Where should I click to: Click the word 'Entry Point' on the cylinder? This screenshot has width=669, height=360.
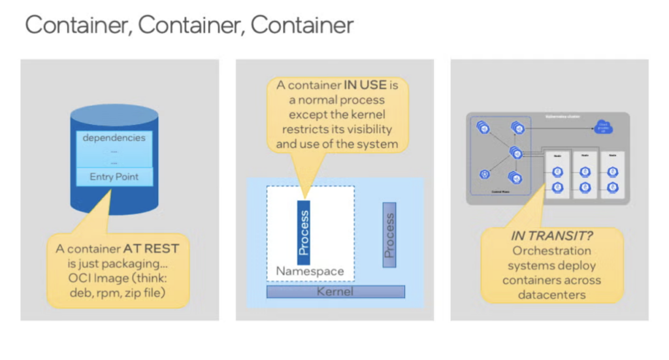coord(114,176)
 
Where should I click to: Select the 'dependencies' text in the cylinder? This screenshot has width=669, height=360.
coord(114,138)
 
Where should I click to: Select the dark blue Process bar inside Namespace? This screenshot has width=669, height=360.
coord(303,232)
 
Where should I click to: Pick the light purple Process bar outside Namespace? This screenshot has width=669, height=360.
coord(389,235)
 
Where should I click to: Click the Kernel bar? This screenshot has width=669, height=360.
coord(335,291)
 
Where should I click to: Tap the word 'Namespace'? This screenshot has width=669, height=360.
coord(310,270)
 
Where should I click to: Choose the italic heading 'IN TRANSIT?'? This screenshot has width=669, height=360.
coord(551,236)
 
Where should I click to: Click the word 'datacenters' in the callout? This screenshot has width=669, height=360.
coord(550,294)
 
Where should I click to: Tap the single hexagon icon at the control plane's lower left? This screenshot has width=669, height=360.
coord(484,174)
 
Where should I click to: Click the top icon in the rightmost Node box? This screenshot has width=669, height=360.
coord(612,172)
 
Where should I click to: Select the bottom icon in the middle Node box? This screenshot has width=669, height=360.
coord(585,187)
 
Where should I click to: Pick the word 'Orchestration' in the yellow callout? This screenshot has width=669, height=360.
coord(551,251)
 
